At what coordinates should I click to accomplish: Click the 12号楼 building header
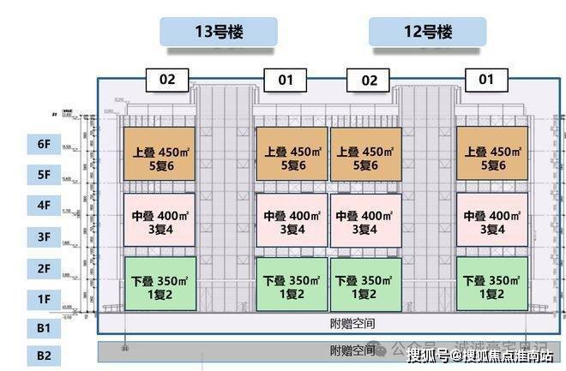click(427, 33)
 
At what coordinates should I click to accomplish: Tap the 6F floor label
click(43, 146)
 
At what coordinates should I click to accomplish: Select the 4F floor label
click(43, 206)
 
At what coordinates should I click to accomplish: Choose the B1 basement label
click(43, 327)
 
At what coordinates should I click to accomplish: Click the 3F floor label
click(43, 236)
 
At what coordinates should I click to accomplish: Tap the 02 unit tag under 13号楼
click(167, 80)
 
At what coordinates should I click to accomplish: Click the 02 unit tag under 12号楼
click(369, 80)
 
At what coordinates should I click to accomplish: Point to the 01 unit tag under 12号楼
click(486, 80)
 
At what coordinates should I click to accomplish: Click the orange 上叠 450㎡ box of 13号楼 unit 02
click(160, 154)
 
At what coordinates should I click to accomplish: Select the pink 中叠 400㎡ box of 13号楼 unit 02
click(160, 221)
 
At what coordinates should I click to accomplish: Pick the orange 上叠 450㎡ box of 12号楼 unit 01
click(492, 154)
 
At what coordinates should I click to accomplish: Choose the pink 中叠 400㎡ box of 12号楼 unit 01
click(492, 221)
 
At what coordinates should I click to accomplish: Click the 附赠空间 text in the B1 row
click(352, 323)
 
